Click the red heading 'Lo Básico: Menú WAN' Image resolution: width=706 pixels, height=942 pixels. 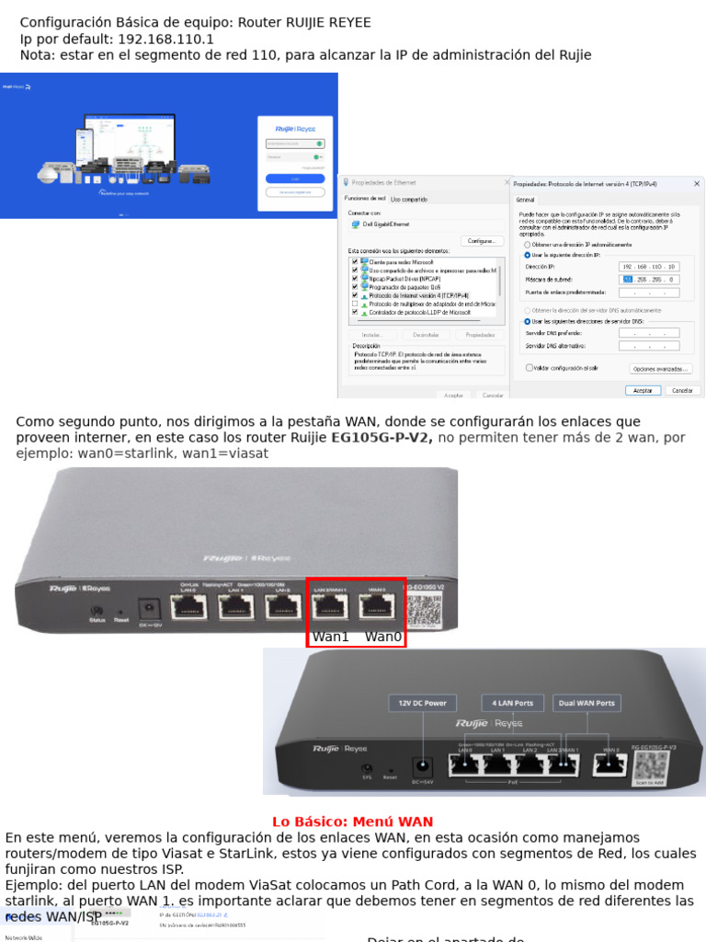tap(352, 822)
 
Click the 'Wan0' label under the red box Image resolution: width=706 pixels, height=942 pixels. tap(383, 637)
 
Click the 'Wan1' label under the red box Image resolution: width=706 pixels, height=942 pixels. tap(331, 637)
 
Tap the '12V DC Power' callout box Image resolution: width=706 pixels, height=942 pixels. tap(423, 703)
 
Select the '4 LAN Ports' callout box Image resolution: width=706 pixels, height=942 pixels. tap(513, 703)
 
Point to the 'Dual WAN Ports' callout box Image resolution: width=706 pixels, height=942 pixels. tap(586, 703)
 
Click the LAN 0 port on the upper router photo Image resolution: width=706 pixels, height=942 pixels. tap(189, 605)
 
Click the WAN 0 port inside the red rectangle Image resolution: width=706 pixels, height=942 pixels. tap(377, 605)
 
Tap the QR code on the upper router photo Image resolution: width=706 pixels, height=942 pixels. tap(425, 610)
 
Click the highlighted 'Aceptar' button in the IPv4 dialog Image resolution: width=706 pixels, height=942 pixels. tap(643, 390)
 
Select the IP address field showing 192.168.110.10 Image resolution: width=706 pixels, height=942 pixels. tap(649, 266)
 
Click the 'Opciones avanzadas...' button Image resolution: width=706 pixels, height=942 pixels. tap(659, 369)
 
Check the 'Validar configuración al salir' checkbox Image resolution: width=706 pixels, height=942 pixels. tap(529, 367)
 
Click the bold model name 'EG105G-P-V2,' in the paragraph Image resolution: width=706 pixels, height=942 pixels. tap(382, 438)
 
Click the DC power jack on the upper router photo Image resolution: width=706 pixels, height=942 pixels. tap(147, 608)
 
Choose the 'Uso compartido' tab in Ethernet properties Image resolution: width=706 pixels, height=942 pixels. tap(409, 199)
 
